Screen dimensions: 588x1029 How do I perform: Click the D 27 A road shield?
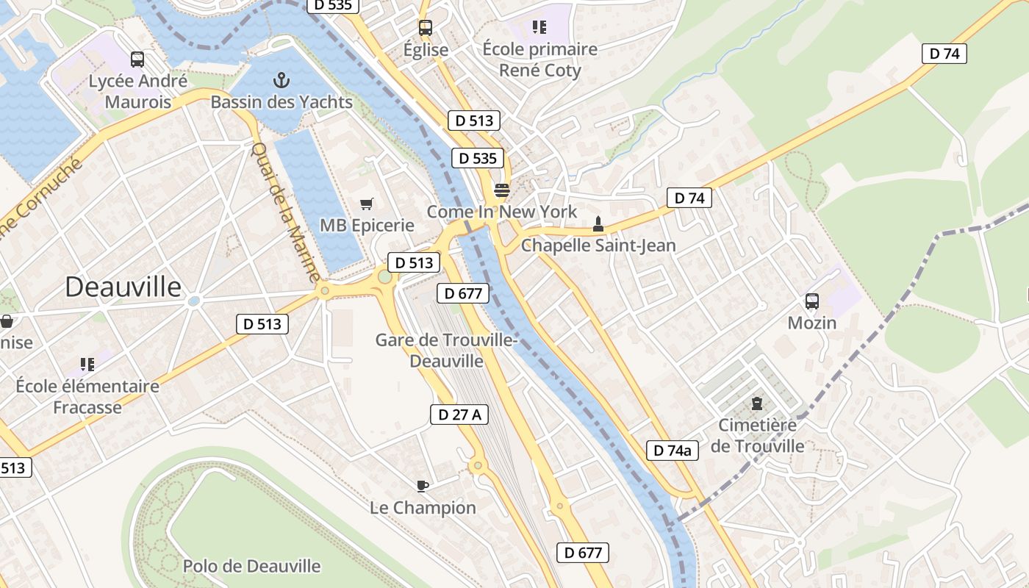click(x=459, y=415)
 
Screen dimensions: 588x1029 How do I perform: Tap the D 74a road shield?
click(x=672, y=450)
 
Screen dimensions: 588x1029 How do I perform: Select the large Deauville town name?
click(x=123, y=287)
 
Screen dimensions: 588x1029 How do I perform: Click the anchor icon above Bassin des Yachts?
click(x=282, y=80)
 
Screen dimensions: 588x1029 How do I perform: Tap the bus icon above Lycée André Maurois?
click(x=137, y=60)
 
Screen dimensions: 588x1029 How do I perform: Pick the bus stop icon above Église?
click(x=426, y=28)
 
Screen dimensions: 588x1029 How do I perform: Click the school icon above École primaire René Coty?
click(x=539, y=27)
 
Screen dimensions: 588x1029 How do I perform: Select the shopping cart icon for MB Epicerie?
click(x=367, y=204)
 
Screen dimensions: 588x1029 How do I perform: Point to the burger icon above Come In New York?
click(x=502, y=190)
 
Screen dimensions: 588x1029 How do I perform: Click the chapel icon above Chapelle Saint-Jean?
click(x=598, y=223)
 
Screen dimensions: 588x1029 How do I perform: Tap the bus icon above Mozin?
click(x=812, y=301)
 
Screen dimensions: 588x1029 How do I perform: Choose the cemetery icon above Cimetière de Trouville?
click(x=757, y=404)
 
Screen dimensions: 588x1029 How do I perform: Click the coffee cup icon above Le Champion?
click(x=423, y=485)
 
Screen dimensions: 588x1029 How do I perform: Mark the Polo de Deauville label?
click(x=251, y=566)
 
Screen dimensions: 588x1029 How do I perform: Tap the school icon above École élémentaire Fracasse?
click(x=87, y=364)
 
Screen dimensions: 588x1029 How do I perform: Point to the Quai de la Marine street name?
click(x=285, y=212)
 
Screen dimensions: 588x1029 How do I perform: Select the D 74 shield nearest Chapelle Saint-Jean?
click(x=689, y=198)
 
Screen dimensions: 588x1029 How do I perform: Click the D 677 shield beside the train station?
click(x=463, y=294)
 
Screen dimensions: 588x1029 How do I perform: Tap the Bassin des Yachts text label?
click(x=282, y=102)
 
